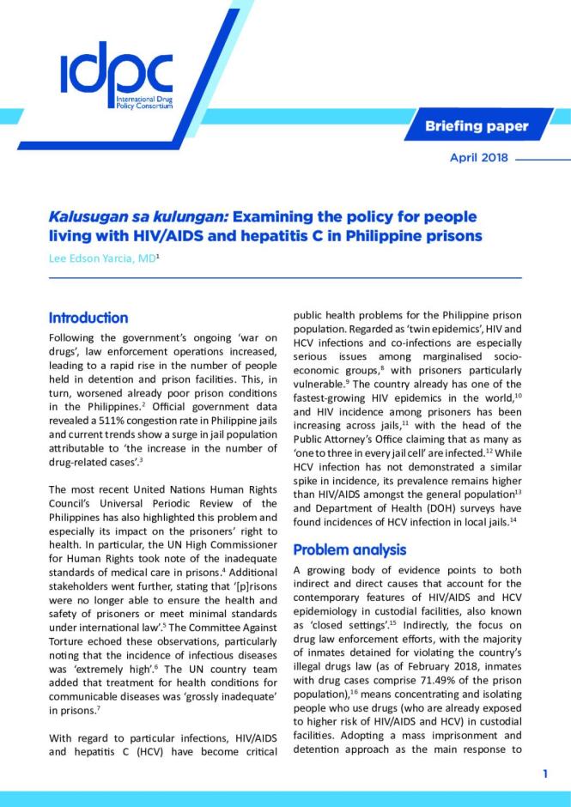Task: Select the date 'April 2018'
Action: [x=479, y=158]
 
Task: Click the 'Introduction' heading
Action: [x=88, y=318]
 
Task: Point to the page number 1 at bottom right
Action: [x=545, y=774]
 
